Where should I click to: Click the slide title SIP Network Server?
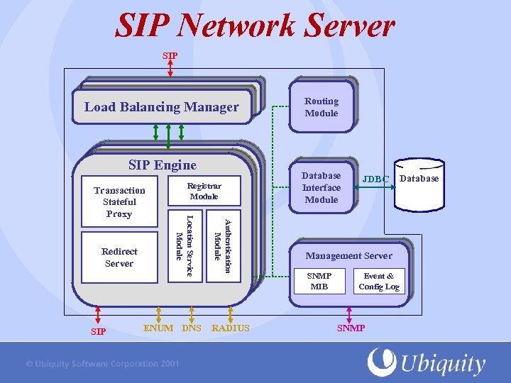255,26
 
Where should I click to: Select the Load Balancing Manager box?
162,107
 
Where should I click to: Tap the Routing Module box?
321,107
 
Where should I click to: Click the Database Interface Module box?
321,187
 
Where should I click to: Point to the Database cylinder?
419,190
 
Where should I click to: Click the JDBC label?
376,179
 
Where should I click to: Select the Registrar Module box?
204,191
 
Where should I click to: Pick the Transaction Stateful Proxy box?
119,201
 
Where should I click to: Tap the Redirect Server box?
119,257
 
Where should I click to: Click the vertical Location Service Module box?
185,245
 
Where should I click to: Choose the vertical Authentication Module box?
223,245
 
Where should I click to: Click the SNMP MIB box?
319,281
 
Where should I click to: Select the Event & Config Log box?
379,281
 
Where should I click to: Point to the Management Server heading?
348,255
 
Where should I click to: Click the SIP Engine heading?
163,165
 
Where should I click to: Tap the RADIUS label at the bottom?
231,328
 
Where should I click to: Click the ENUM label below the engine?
158,328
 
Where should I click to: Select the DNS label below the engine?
192,328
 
